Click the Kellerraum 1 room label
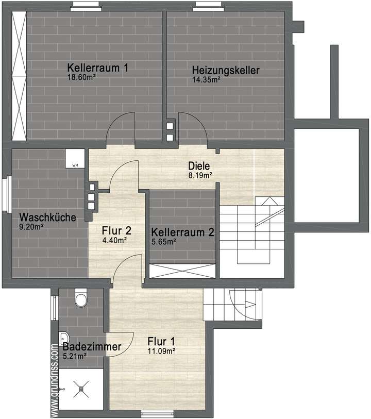tap(97, 68)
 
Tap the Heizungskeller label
tap(225, 70)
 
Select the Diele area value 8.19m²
tap(200, 175)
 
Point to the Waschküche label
tap(47, 217)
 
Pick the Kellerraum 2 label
tap(182, 232)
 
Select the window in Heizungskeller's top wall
tap(209, 7)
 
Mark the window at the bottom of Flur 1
tap(154, 413)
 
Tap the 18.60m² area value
tap(82, 77)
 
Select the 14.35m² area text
tap(206, 79)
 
